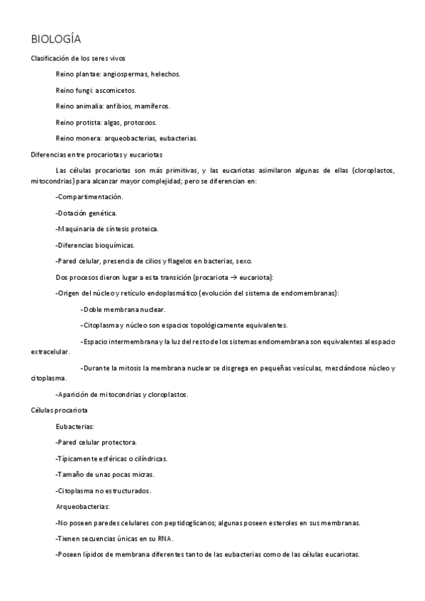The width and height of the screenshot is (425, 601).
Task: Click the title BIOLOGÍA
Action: point(60,38)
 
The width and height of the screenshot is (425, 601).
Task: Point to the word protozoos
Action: point(140,123)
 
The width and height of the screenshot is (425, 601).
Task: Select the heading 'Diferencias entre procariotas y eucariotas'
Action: point(97,155)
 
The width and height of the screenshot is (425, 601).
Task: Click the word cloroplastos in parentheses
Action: point(384,171)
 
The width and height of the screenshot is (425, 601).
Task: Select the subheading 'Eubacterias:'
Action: point(74,427)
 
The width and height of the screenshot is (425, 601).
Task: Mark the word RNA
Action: point(165,539)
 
